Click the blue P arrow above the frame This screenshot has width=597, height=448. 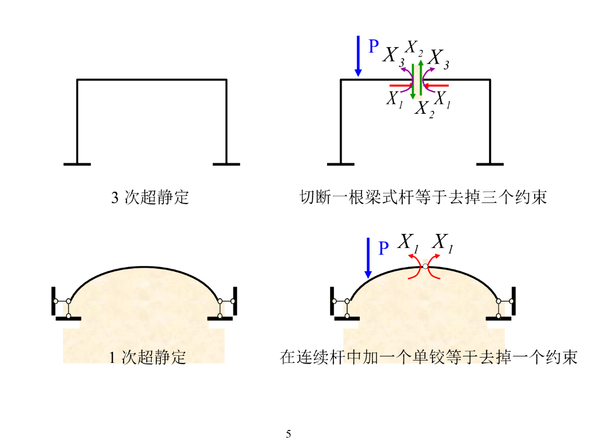click(x=358, y=56)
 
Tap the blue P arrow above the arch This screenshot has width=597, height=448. click(x=368, y=257)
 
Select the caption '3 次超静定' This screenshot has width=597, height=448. click(x=150, y=197)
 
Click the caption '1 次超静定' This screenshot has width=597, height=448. click(x=148, y=357)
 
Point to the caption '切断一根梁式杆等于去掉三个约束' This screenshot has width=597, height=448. click(x=423, y=197)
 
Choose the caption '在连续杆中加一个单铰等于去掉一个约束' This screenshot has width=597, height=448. click(x=429, y=357)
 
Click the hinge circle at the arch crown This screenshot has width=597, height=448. click(x=426, y=267)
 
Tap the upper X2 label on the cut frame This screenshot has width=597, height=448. click(x=415, y=47)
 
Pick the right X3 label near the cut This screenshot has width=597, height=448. click(x=438, y=58)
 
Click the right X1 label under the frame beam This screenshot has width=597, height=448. click(x=443, y=99)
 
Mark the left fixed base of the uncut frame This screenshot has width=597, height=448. click(x=77, y=164)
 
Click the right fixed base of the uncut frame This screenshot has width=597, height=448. click(x=226, y=164)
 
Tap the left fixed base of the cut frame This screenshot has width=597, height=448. click(x=340, y=164)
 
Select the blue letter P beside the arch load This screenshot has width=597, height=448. click(x=383, y=249)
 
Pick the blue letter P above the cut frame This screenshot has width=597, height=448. click(x=374, y=47)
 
